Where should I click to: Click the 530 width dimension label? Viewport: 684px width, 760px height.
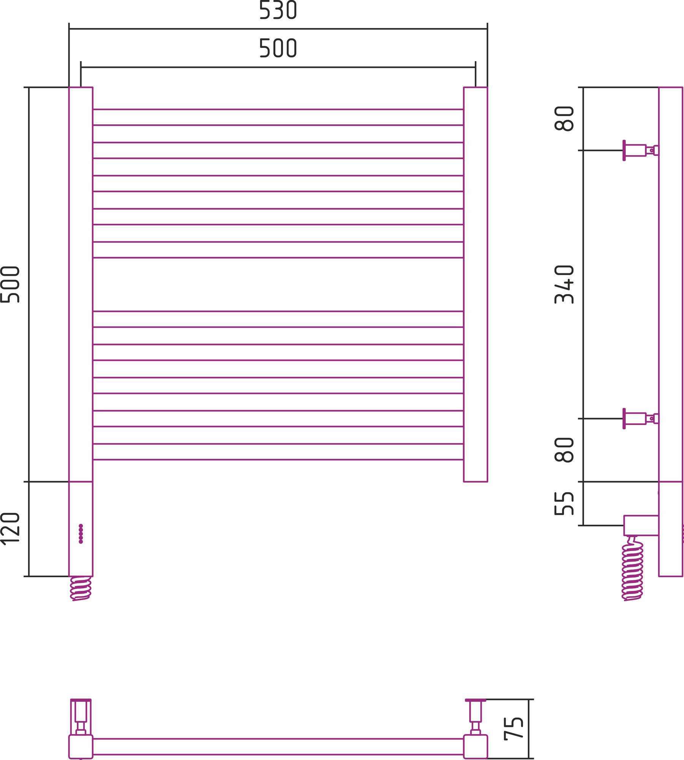click(x=278, y=10)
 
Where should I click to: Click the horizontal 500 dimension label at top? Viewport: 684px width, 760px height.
click(x=278, y=48)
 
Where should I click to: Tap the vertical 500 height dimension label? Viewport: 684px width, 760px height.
click(x=10, y=285)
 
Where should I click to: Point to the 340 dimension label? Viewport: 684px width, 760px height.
click(x=564, y=285)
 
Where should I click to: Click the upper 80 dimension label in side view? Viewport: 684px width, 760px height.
click(x=564, y=119)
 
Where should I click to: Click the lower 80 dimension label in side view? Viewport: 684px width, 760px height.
click(x=564, y=450)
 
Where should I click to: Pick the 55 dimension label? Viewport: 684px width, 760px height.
click(x=564, y=503)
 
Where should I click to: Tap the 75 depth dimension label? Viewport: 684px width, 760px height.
click(x=514, y=728)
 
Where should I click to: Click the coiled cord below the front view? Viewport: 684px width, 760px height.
click(x=81, y=588)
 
